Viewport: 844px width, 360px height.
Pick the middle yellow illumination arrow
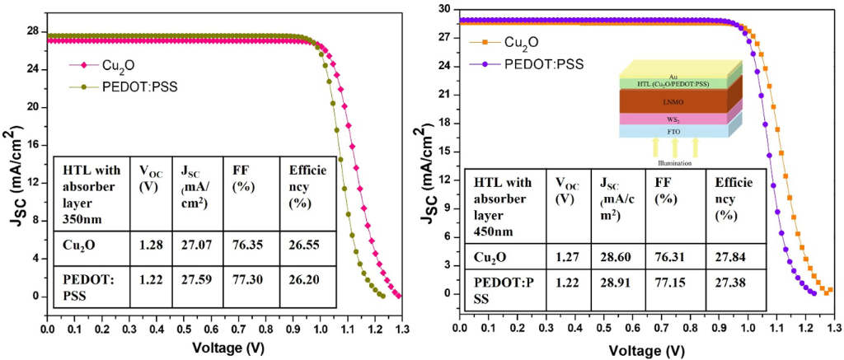675,147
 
